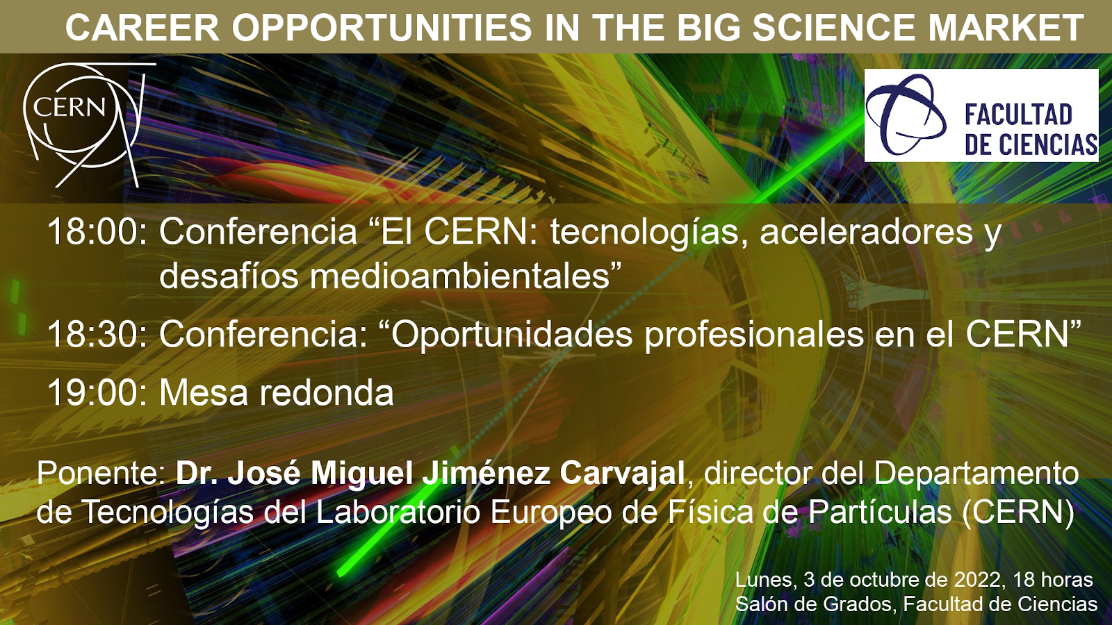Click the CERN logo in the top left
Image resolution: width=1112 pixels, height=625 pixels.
point(84,124)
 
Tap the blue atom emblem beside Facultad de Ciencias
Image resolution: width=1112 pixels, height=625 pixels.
point(906,115)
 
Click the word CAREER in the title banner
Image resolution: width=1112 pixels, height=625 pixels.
point(142,27)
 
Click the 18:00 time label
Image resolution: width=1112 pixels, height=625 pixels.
point(97,232)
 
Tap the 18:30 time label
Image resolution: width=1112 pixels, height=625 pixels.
point(97,334)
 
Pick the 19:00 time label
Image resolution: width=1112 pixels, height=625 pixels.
point(97,392)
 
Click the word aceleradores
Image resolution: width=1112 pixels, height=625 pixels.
point(866,232)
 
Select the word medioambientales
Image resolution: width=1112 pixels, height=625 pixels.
point(459,276)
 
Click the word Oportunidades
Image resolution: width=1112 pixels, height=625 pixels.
point(512,334)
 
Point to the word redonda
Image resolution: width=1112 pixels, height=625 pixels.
point(326,392)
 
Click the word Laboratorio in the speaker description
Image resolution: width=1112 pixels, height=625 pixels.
point(398,512)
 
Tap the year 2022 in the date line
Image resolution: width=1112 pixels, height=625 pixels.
point(978,579)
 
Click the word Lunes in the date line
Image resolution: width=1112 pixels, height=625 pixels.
point(764,580)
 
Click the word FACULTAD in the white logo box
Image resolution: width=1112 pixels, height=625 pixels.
point(1019,115)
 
